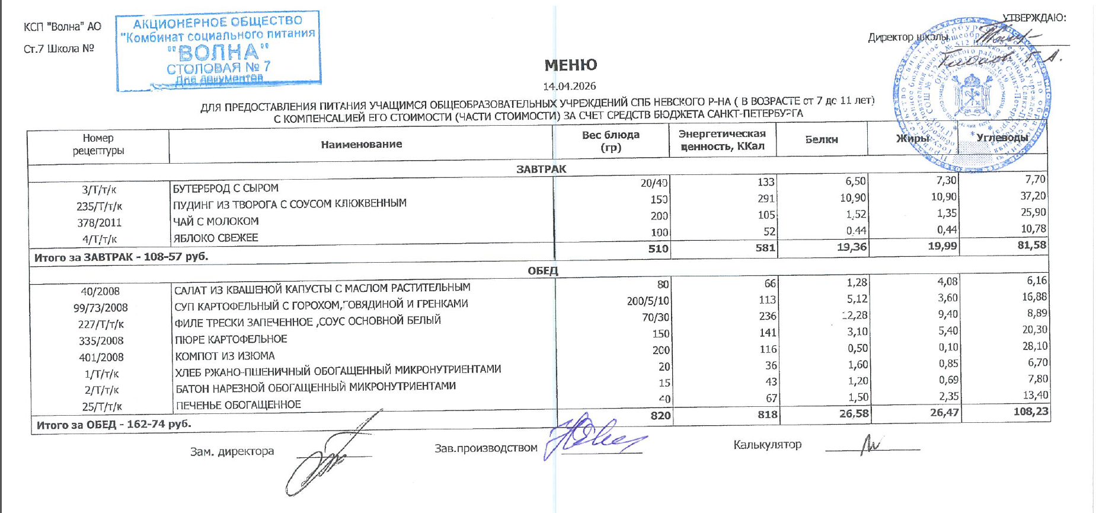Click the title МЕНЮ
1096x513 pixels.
(570, 65)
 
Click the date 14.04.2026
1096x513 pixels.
(569, 86)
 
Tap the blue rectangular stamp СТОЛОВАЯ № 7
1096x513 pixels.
(219, 51)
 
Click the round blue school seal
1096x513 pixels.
(972, 95)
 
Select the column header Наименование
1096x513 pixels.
(361, 144)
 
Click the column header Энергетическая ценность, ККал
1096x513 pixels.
(722, 140)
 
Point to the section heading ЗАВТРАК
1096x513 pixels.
(541, 169)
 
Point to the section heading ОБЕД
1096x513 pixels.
(542, 271)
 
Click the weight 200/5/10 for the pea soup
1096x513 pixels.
(648, 301)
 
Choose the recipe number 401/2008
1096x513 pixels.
(101, 357)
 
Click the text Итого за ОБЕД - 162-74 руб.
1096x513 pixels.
(114, 425)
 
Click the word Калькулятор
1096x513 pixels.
(767, 444)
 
